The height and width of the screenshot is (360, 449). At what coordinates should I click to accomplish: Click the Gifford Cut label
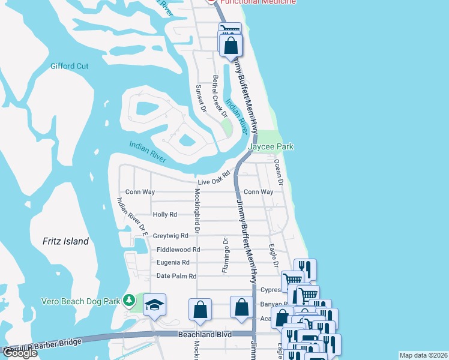[70, 66]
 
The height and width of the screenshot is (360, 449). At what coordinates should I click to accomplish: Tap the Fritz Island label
[66, 241]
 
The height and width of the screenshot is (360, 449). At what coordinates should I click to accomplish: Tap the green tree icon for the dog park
[128, 299]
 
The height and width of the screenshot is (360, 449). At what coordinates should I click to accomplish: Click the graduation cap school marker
[154, 306]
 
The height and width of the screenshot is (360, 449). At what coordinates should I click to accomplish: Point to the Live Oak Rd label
[214, 178]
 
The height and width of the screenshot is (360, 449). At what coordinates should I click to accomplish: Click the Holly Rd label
[165, 214]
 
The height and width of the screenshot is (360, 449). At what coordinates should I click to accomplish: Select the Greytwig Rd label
[170, 236]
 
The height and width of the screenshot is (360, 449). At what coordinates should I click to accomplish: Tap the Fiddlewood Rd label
[178, 250]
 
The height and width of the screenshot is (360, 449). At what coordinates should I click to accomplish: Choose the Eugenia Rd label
[173, 262]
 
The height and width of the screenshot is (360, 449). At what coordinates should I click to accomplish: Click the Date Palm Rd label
[176, 276]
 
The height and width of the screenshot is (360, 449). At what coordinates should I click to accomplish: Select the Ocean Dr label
[278, 170]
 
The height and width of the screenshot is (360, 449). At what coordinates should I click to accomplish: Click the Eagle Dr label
[273, 254]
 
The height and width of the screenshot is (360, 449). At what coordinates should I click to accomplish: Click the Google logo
[20, 353]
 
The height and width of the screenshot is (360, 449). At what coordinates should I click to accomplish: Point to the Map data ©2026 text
[423, 355]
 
